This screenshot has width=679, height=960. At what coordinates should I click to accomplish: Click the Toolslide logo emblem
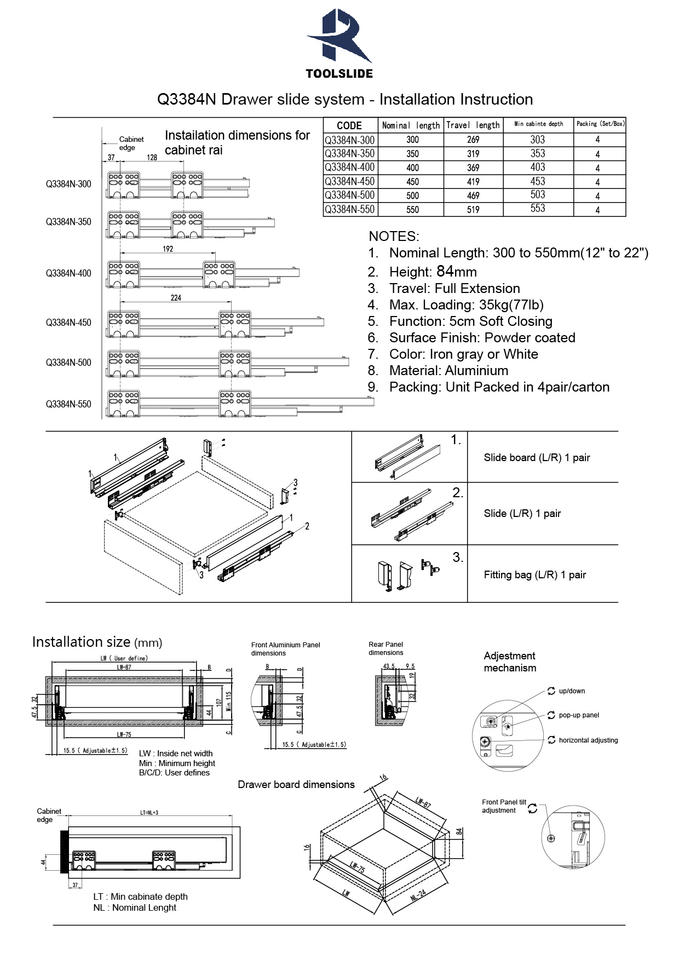tap(339, 36)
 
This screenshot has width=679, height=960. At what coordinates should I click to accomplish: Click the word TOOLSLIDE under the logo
tap(339, 73)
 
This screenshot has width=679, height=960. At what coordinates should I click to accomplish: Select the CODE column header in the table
tap(349, 125)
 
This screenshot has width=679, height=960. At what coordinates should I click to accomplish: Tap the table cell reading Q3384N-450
tap(349, 182)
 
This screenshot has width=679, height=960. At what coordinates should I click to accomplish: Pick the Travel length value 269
tap(472, 140)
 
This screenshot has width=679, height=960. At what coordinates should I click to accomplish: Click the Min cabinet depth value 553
tap(538, 209)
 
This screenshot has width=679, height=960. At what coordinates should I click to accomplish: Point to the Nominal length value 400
tap(412, 168)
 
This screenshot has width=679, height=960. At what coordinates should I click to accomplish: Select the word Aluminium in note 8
tap(470, 370)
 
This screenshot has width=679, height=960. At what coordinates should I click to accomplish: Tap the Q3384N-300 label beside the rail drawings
tap(68, 184)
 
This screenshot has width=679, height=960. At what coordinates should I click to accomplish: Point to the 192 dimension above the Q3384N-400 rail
tap(168, 249)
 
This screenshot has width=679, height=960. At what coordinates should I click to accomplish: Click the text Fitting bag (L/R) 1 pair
tap(534, 575)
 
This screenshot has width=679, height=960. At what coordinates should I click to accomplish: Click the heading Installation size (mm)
tap(96, 641)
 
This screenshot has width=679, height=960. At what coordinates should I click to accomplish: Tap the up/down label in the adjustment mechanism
tap(573, 691)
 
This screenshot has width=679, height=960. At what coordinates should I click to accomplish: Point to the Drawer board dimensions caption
tap(296, 784)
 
